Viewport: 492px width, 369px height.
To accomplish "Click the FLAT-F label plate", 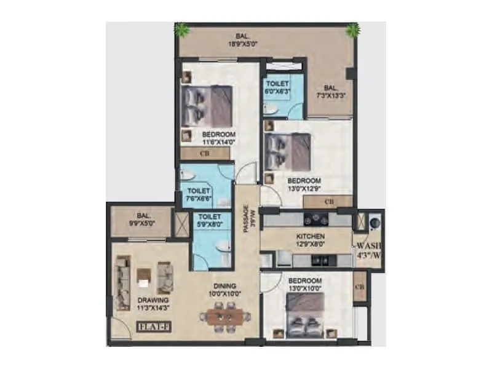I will click(x=150, y=327).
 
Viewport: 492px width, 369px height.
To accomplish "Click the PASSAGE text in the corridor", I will click(x=245, y=218).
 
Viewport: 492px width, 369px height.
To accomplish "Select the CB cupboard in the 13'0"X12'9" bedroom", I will click(x=328, y=201).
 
